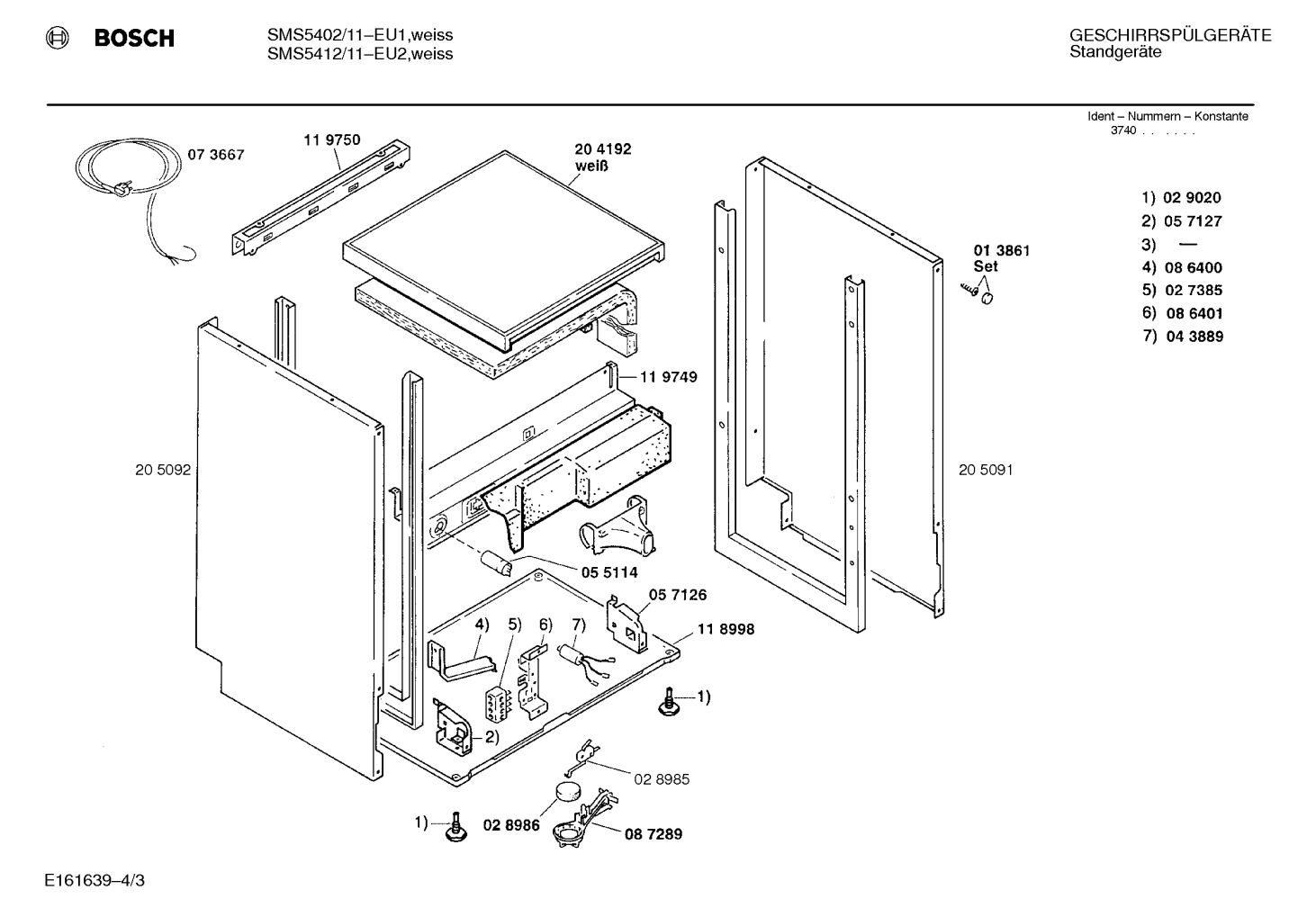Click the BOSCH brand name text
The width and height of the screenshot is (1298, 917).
134,38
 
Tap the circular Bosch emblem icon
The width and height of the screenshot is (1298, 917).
57,38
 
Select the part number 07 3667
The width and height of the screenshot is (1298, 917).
215,155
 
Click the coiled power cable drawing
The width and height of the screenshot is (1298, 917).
129,180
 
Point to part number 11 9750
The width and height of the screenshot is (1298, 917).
332,139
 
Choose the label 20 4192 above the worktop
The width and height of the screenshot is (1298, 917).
603,148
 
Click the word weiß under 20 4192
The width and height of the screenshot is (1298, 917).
591,166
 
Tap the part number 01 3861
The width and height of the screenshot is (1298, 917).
1001,250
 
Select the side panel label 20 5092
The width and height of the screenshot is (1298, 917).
163,470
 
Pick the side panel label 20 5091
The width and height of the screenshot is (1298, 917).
986,470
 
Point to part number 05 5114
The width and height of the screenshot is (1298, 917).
609,572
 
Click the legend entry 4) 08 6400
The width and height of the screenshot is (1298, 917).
1182,267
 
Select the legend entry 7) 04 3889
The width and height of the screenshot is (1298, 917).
1183,337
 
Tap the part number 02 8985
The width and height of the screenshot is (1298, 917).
662,779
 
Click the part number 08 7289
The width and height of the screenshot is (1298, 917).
654,834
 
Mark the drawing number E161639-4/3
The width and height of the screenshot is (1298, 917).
95,880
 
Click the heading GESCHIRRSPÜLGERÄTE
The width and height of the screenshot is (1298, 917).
1170,35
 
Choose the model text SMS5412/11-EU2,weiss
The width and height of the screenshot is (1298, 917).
360,54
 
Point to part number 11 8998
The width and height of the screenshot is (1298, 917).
726,629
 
